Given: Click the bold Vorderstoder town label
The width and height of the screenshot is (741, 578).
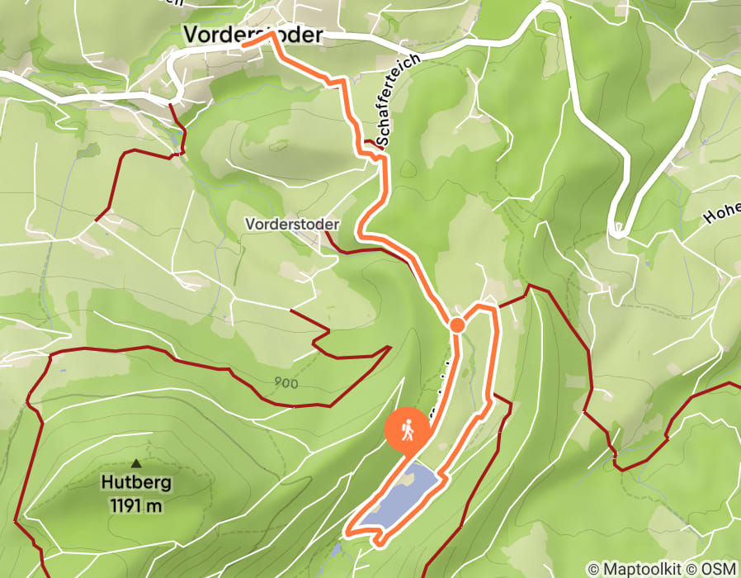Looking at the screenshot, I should pos(253,35).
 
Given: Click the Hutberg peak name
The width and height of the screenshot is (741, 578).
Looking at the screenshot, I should pos(135,483).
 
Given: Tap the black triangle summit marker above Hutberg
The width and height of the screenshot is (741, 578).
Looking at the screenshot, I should pos(135,464).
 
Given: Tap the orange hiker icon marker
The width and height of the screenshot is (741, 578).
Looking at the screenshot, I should pos(407,430).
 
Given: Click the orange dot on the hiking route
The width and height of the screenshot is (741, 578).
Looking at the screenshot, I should pos(457,325).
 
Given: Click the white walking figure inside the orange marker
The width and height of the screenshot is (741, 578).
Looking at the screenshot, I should pos(407,429).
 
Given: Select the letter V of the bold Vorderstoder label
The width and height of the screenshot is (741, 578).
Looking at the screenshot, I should pos(191,35).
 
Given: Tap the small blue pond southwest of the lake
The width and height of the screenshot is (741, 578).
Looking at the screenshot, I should pos(336,548).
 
